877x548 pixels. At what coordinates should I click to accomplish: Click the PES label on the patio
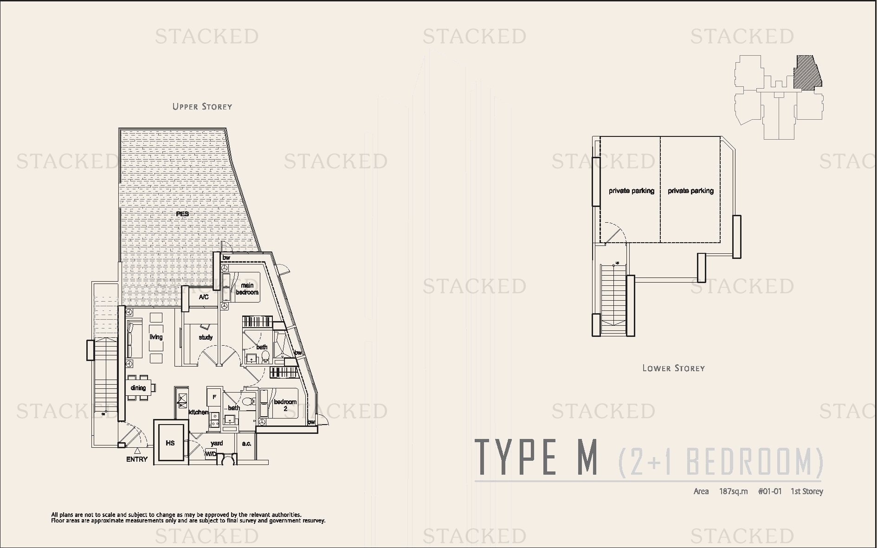[182, 214]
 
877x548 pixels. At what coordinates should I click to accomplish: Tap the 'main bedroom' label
[247, 289]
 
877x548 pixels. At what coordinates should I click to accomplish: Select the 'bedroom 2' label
[285, 405]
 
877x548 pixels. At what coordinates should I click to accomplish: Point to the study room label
[206, 337]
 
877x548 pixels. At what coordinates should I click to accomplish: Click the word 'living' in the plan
[156, 337]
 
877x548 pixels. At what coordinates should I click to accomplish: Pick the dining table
[138, 388]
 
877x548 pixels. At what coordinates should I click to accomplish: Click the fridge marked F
[214, 397]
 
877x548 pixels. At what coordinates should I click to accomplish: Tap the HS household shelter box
[170, 443]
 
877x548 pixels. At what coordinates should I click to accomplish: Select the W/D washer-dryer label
[211, 454]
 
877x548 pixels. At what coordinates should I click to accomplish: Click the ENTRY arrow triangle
[137, 450]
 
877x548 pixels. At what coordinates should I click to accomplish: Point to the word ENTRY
[137, 459]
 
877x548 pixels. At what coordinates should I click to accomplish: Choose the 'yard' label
[217, 443]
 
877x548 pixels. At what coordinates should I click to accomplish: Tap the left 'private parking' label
[632, 191]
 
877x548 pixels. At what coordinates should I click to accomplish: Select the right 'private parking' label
[690, 191]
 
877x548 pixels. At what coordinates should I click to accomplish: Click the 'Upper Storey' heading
[202, 107]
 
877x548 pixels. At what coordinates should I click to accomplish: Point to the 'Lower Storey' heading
[673, 368]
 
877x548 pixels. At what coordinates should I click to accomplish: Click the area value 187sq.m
[733, 491]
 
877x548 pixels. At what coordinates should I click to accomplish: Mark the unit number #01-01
[770, 491]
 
